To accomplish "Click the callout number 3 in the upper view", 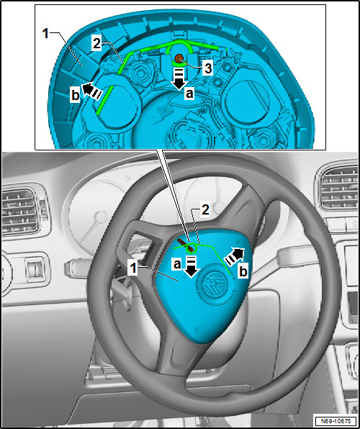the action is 208,68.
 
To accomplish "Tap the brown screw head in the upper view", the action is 179,58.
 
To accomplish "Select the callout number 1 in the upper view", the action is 45,35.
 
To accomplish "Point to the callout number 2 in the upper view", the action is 96,45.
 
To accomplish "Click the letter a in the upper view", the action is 189,94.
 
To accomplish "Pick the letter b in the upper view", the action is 76,96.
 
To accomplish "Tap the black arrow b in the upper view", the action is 92,90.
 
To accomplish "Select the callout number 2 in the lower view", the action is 205,210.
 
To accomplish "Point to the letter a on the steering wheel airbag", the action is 177,265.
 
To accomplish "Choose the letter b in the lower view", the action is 243,271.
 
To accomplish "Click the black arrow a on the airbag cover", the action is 192,267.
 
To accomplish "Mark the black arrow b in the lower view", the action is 234,256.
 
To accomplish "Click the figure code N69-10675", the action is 336,420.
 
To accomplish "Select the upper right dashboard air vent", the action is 339,187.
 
